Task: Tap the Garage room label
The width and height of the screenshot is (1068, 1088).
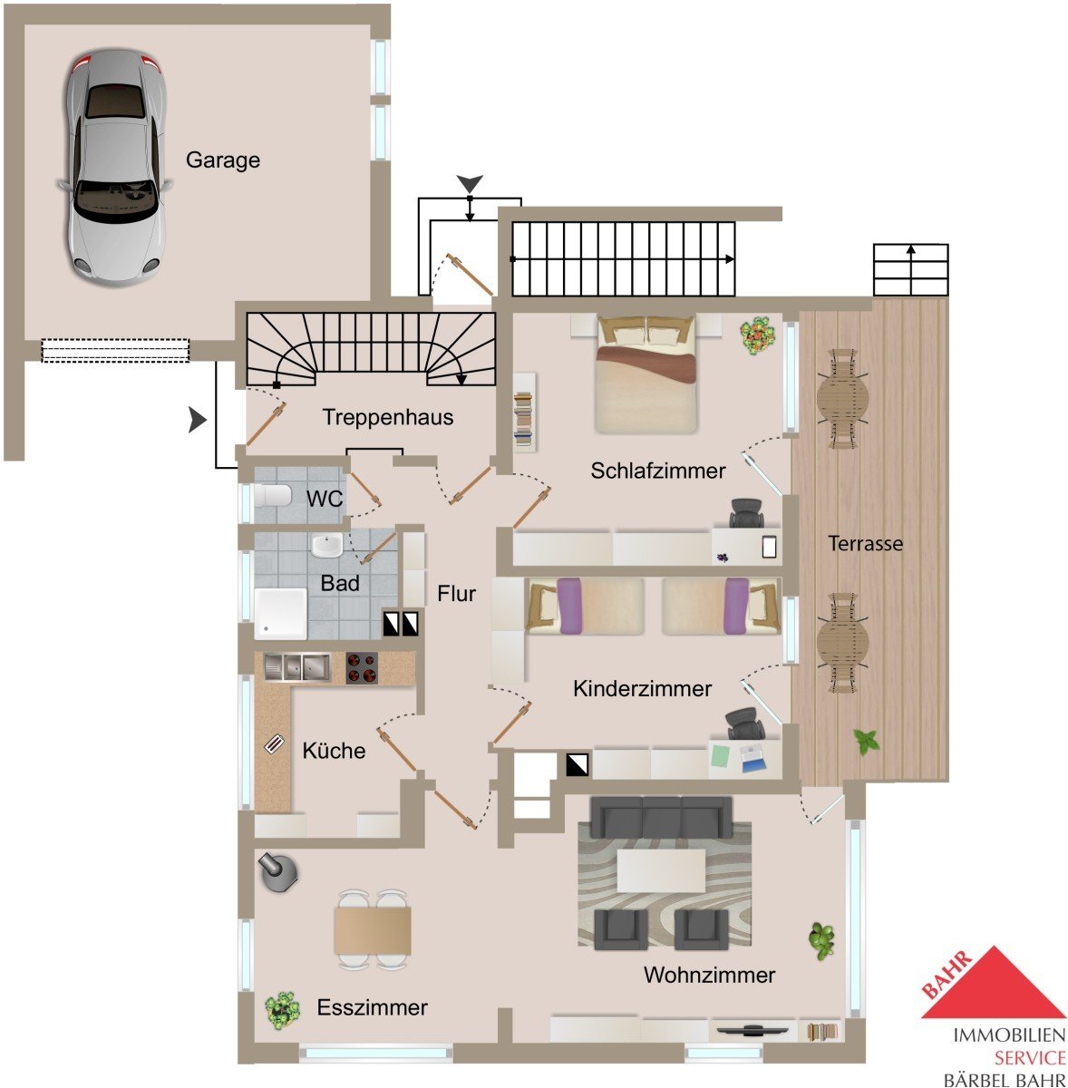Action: click(x=223, y=160)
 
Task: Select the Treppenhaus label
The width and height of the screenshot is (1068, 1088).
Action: click(x=388, y=417)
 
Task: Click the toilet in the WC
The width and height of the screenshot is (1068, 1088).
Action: click(x=272, y=496)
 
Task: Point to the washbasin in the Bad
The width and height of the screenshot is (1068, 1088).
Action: click(x=327, y=545)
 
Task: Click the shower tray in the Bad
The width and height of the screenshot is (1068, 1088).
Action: click(x=280, y=614)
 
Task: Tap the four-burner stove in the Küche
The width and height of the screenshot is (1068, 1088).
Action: click(x=362, y=668)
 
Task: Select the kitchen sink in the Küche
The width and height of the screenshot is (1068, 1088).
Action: click(x=297, y=666)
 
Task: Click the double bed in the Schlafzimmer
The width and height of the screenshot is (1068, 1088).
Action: click(x=646, y=374)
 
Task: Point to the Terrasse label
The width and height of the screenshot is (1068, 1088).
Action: click(x=865, y=543)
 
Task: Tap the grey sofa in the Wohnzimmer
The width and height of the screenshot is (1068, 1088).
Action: click(x=660, y=817)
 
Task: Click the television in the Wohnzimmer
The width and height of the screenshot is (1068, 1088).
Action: click(x=752, y=1030)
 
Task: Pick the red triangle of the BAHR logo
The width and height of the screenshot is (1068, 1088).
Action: click(x=994, y=983)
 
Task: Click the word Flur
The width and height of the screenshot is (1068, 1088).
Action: click(x=456, y=593)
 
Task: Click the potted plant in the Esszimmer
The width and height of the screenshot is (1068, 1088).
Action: click(x=282, y=1009)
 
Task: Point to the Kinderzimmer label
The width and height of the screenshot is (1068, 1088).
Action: click(x=642, y=688)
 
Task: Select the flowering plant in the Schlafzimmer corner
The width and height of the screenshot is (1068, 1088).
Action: click(x=757, y=335)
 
